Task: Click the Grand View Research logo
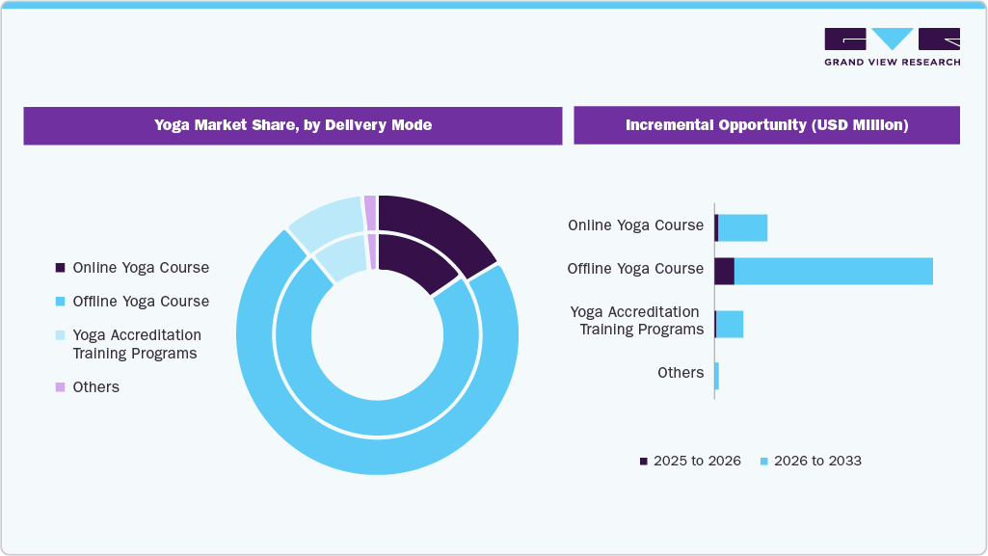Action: tap(892, 46)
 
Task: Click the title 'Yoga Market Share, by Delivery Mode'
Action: tap(292, 125)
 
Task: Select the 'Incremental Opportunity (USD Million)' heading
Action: tap(766, 125)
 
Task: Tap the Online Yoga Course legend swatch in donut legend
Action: tap(61, 268)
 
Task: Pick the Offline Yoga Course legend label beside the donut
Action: tap(141, 302)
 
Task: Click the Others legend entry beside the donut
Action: tap(95, 386)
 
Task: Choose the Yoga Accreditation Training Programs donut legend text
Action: tap(137, 344)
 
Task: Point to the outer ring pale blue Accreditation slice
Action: tap(326, 221)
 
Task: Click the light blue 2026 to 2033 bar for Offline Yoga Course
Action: tap(833, 271)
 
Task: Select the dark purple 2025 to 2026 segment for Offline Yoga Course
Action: tap(724, 271)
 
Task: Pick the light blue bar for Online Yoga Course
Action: tap(742, 227)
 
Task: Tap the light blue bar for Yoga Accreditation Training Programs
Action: tap(730, 324)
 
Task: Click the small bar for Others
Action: tap(716, 376)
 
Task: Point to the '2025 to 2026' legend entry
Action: tap(690, 461)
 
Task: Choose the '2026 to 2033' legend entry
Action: tap(811, 461)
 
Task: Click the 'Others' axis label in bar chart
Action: tap(681, 373)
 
